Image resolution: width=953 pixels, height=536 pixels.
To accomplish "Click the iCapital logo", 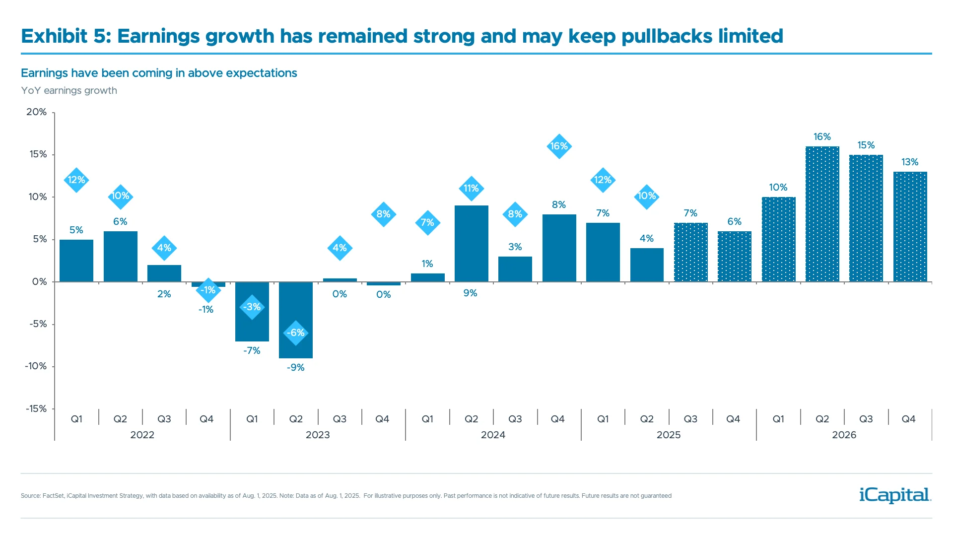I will point(894,495).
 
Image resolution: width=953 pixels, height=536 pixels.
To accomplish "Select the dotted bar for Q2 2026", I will point(822,214).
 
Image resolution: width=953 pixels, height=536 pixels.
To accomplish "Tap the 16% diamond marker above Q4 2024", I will point(559,146).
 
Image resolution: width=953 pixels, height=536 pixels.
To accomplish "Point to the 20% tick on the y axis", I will point(37,112).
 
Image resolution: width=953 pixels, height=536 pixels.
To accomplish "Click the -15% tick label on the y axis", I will point(36,409).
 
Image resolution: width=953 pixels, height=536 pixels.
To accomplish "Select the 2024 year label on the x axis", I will point(493,435).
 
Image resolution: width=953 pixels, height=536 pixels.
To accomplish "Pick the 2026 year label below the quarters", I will point(844,435).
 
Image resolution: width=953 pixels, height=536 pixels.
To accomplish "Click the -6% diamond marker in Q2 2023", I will point(296,333).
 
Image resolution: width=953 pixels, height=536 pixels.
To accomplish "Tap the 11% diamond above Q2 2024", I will point(471,189).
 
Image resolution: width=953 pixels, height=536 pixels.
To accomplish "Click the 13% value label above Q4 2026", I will point(910,162).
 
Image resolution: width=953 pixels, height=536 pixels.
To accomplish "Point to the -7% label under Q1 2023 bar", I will point(252,351).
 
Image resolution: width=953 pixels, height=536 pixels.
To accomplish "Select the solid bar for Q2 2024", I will point(471,244).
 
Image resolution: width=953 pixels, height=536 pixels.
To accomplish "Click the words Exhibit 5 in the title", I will point(66,36).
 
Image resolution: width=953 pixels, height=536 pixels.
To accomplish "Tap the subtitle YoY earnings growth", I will point(69,91).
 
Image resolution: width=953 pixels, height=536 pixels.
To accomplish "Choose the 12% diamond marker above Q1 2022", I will point(76,180).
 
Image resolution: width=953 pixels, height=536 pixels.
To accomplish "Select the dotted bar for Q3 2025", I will point(690,253).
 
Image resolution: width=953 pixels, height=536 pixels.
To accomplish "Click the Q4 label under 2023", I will point(382,419).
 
